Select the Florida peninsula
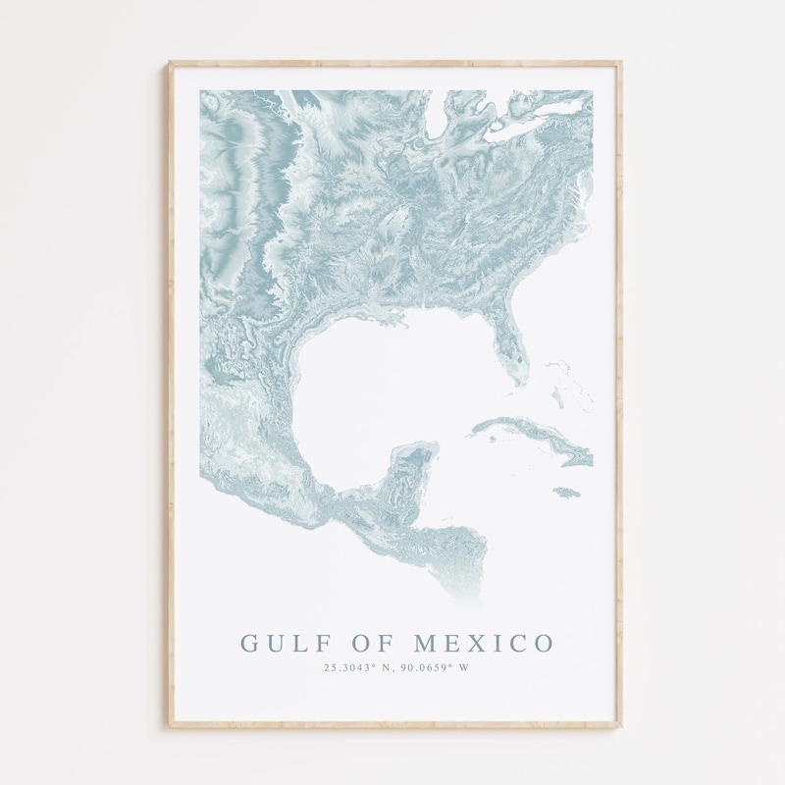(x=506, y=343)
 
